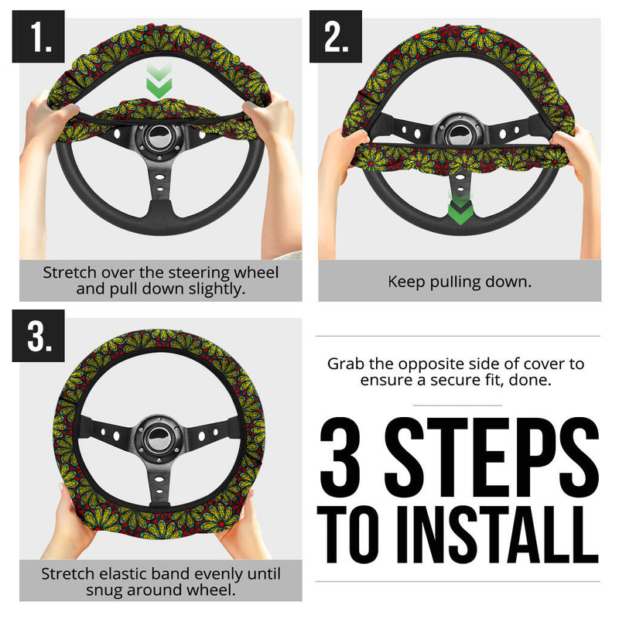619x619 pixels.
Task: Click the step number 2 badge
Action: pos(335,36)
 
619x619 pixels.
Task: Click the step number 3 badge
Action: pos(37,337)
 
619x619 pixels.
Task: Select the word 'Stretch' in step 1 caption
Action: pos(70,273)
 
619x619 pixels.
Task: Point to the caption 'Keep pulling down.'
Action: pos(460,281)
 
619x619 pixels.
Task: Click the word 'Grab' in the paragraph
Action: pos(345,364)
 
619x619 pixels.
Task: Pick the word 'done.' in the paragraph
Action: pos(534,380)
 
